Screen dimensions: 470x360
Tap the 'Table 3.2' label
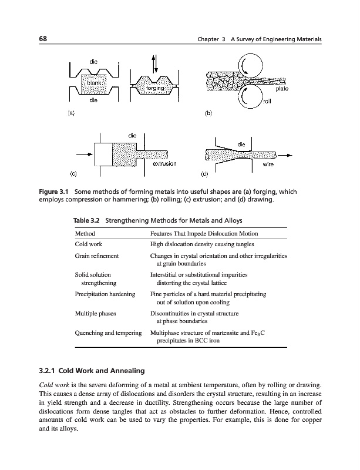86,220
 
